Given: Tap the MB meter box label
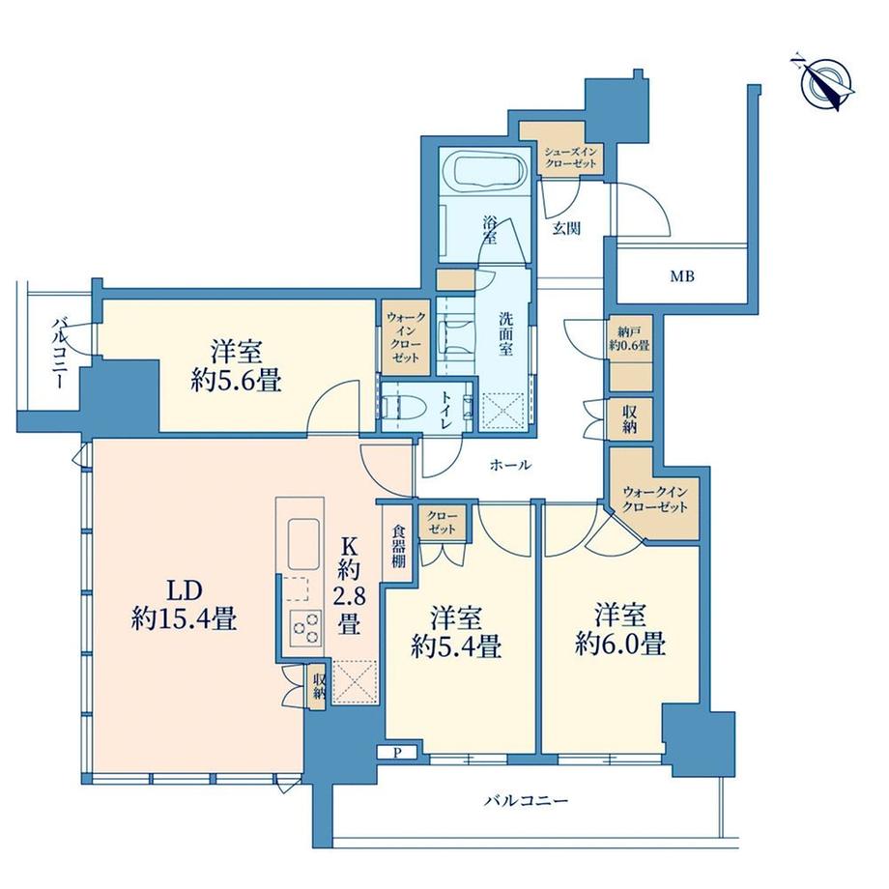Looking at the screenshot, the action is (x=682, y=275).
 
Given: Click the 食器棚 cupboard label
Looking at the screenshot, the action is (x=398, y=546).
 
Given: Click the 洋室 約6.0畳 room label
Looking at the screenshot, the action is (x=619, y=629).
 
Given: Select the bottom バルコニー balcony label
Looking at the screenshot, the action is (x=525, y=800).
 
